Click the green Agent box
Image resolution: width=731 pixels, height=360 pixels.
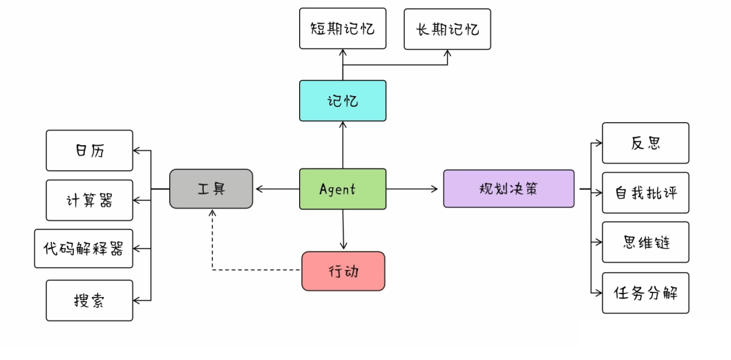[342, 189]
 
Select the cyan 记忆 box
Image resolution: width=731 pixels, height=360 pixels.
[342, 101]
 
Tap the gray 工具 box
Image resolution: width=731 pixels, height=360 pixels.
[211, 189]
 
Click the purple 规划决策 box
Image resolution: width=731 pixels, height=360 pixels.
[509, 189]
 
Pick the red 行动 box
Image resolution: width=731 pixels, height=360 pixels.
[343, 271]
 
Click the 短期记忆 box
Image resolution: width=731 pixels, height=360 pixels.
[342, 29]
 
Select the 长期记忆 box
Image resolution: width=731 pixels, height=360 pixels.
[447, 29]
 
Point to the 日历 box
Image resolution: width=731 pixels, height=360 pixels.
[89, 151]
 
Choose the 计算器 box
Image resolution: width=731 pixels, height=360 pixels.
[89, 200]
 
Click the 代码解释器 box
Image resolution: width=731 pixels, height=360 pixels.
[83, 249]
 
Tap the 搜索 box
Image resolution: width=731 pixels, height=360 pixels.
[89, 301]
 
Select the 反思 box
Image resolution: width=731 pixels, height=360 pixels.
[645, 143]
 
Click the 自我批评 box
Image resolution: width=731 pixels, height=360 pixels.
[645, 193]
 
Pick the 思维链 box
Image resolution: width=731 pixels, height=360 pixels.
[645, 243]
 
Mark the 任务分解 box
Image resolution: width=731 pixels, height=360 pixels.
[645, 293]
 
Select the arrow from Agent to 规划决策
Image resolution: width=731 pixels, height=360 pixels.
[413, 189]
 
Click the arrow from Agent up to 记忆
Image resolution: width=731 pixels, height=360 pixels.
[343, 145]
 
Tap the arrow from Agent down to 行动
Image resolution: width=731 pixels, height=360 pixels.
[343, 229]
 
